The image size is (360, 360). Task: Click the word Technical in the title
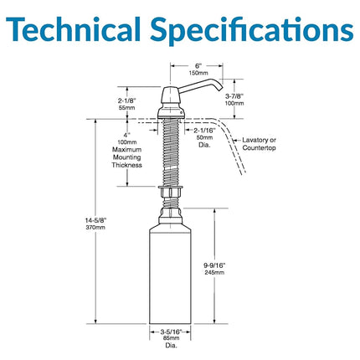(73, 29)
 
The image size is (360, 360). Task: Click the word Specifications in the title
(252, 30)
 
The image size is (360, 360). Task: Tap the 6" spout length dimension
(198, 66)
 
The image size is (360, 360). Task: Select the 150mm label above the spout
(198, 73)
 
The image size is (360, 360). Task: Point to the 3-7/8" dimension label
(234, 96)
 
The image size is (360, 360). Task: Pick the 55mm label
(127, 108)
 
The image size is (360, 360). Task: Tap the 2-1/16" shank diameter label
(204, 130)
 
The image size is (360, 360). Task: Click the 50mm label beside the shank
(204, 137)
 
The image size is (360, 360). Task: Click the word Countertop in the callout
(259, 147)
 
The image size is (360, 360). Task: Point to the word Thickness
(127, 165)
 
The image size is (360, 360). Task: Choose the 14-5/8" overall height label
(95, 221)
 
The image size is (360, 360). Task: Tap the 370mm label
(95, 228)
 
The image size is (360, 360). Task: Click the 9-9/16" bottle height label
(214, 265)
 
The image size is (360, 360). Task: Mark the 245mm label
(214, 272)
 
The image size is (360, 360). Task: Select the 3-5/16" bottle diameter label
(171, 332)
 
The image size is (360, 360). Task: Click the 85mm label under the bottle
(171, 338)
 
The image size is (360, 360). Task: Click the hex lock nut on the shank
(171, 192)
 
